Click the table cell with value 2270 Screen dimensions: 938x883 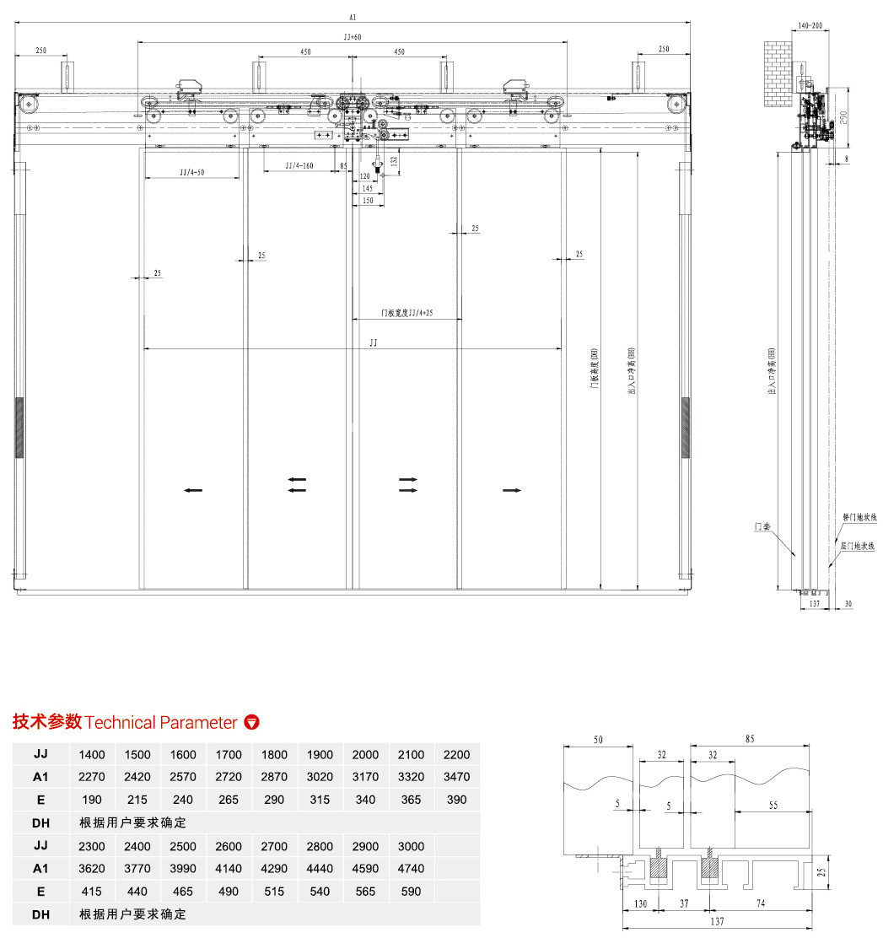tap(93, 777)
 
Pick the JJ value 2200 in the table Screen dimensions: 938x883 tap(456, 755)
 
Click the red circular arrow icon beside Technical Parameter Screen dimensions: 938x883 tap(251, 722)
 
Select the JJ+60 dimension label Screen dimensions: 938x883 tap(352, 37)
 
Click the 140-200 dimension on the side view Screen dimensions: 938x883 tap(810, 27)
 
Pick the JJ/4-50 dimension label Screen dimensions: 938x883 tap(193, 172)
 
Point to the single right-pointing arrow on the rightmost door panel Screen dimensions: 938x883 tap(511, 489)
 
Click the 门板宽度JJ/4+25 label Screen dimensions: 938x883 tap(407, 313)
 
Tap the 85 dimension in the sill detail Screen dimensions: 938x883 tap(751, 740)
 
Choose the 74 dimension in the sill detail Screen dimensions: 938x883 tap(760, 903)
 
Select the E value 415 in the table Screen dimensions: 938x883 tap(93, 892)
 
